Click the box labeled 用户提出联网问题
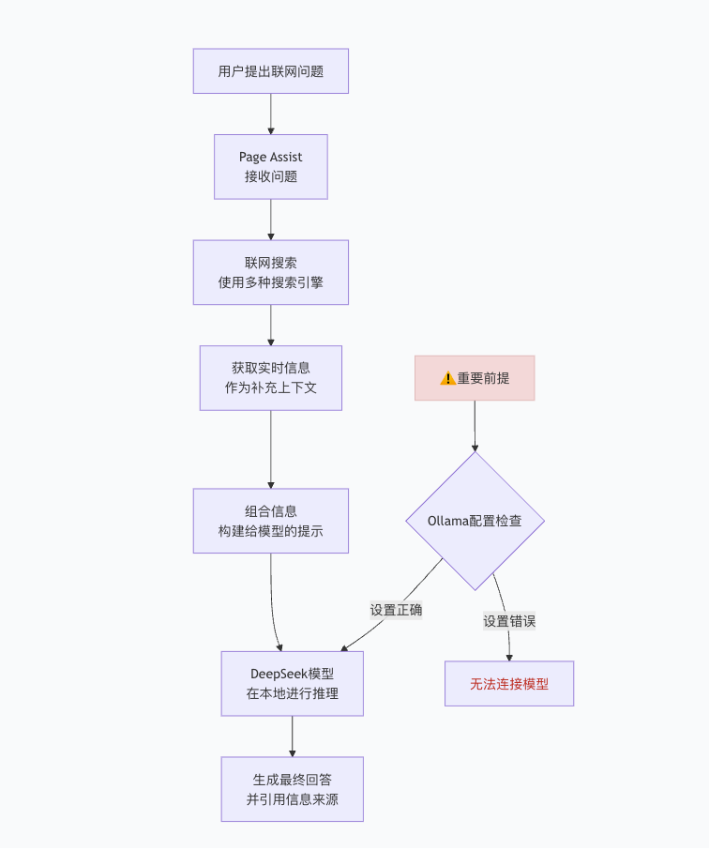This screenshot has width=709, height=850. click(x=270, y=71)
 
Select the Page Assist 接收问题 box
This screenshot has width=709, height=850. click(x=270, y=166)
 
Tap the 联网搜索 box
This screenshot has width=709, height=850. click(x=270, y=272)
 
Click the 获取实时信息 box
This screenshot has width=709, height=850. click(x=270, y=377)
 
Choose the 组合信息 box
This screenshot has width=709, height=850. click(x=270, y=520)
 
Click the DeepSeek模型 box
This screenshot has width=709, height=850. click(x=292, y=683)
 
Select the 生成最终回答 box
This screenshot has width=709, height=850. click(x=292, y=789)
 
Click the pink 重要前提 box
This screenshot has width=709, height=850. click(x=475, y=378)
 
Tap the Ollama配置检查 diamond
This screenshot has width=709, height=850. click(x=475, y=521)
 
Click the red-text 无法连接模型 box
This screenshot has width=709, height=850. click(x=508, y=684)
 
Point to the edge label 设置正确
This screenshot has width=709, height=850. click(x=396, y=610)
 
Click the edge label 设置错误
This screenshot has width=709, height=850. click(x=509, y=620)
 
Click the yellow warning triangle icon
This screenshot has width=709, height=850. click(x=447, y=378)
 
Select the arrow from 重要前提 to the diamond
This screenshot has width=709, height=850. click(x=475, y=426)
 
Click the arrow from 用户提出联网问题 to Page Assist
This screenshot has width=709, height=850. click(x=270, y=114)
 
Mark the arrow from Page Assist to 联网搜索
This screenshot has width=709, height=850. click(x=270, y=220)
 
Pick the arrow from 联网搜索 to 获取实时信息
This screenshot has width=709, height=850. click(x=270, y=325)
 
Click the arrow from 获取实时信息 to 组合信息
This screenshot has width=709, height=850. click(x=270, y=448)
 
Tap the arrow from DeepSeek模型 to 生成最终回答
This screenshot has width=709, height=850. click(x=292, y=736)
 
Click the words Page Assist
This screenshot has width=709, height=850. click(x=270, y=157)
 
